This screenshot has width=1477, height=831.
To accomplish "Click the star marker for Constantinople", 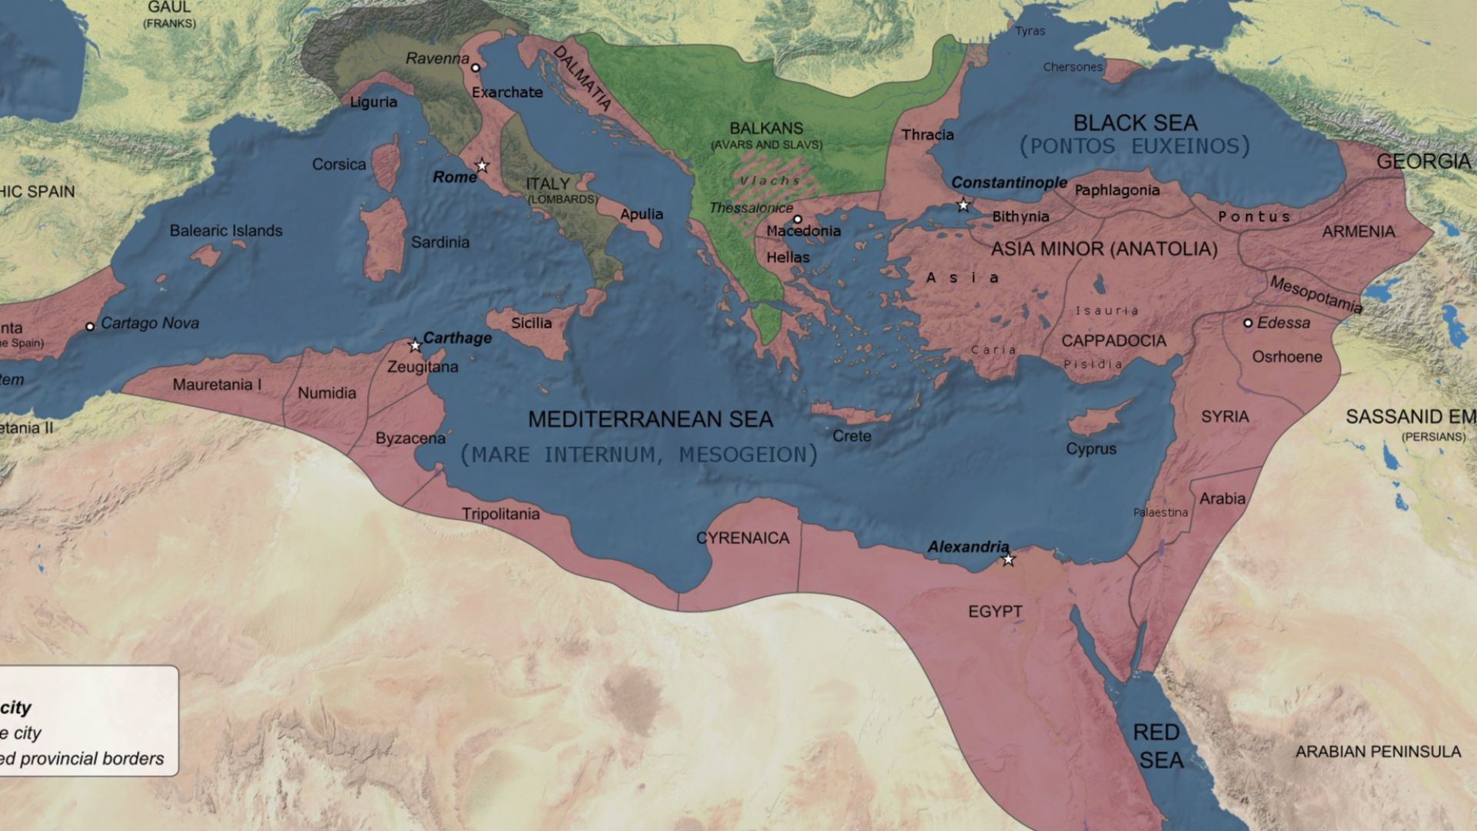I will tap(963, 205).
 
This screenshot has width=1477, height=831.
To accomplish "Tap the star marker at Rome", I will tap(482, 165).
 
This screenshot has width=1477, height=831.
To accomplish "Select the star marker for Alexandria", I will tap(1009, 559).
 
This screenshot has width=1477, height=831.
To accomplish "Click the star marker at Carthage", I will tap(415, 345).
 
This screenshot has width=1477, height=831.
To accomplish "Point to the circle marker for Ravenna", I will tap(475, 68).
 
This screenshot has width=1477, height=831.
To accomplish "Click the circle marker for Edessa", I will tap(1248, 323).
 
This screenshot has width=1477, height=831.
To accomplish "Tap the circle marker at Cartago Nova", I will tap(90, 326).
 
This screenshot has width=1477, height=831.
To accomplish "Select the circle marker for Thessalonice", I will tap(798, 219).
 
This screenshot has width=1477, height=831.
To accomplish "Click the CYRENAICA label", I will tap(742, 538).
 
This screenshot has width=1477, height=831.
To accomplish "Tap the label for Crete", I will tap(852, 436).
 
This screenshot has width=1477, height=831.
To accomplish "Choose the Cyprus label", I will tap(1090, 449).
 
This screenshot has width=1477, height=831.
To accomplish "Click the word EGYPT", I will tap(995, 611).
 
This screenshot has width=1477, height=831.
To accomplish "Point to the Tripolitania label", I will tap(500, 513).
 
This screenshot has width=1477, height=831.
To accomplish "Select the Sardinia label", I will tap(439, 242).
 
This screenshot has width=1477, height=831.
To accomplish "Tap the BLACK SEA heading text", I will tap(1135, 123).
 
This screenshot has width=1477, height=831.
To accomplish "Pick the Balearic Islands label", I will tap(225, 231).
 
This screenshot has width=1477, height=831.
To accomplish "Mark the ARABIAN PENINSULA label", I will tap(1377, 752).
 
